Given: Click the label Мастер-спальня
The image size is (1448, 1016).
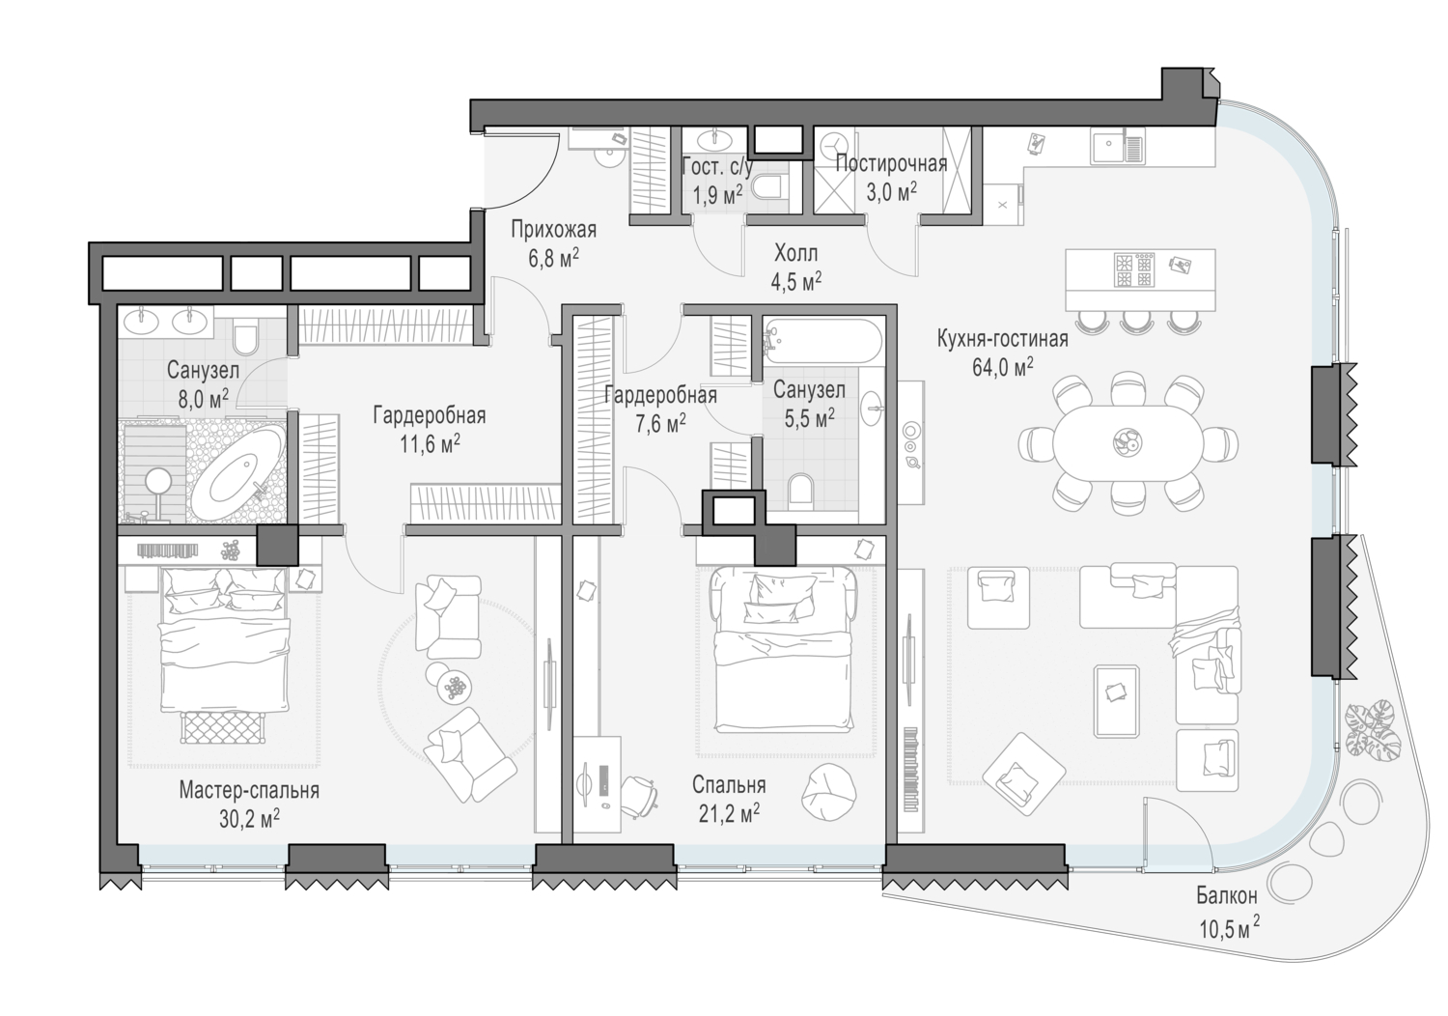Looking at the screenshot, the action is pos(249,790).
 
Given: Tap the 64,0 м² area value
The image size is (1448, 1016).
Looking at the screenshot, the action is pos(1003,367).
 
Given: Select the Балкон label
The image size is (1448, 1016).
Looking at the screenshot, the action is pos(1226,895).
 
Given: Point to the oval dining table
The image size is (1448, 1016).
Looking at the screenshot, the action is pos(1128,443).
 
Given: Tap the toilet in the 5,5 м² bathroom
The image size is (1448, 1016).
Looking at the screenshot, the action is pos(801,489).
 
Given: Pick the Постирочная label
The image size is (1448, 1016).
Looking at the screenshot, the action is pos(891,164).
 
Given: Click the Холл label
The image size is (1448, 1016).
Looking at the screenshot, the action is pos(795,253).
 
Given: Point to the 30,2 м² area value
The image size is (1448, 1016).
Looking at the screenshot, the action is pos(249,819).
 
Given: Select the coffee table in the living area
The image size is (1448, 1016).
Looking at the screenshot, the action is pos(1116,701).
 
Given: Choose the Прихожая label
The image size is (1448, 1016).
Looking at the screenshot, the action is pos(553,229).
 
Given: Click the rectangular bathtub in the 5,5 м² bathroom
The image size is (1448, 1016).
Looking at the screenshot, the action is pos(822,341).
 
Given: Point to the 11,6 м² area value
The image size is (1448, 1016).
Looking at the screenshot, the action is pos(430,444).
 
